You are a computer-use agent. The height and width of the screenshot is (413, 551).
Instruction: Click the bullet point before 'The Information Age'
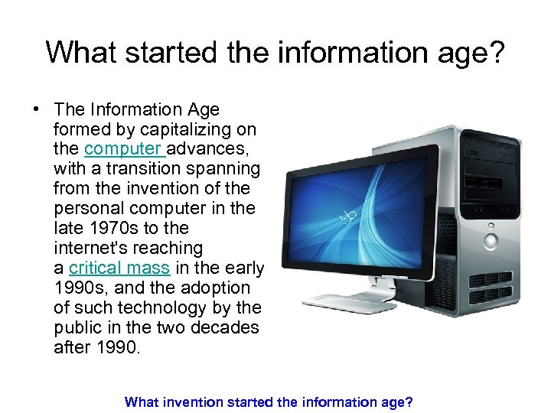click(x=36, y=109)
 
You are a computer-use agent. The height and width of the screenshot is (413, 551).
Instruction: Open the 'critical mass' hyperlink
click(x=119, y=268)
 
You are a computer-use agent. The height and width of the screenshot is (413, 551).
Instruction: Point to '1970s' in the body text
click(x=112, y=228)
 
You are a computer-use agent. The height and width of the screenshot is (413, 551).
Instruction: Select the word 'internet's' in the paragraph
click(x=90, y=248)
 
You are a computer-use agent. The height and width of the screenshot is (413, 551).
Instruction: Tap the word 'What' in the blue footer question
click(x=142, y=401)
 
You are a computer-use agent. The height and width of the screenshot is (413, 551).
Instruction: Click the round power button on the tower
click(x=491, y=242)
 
